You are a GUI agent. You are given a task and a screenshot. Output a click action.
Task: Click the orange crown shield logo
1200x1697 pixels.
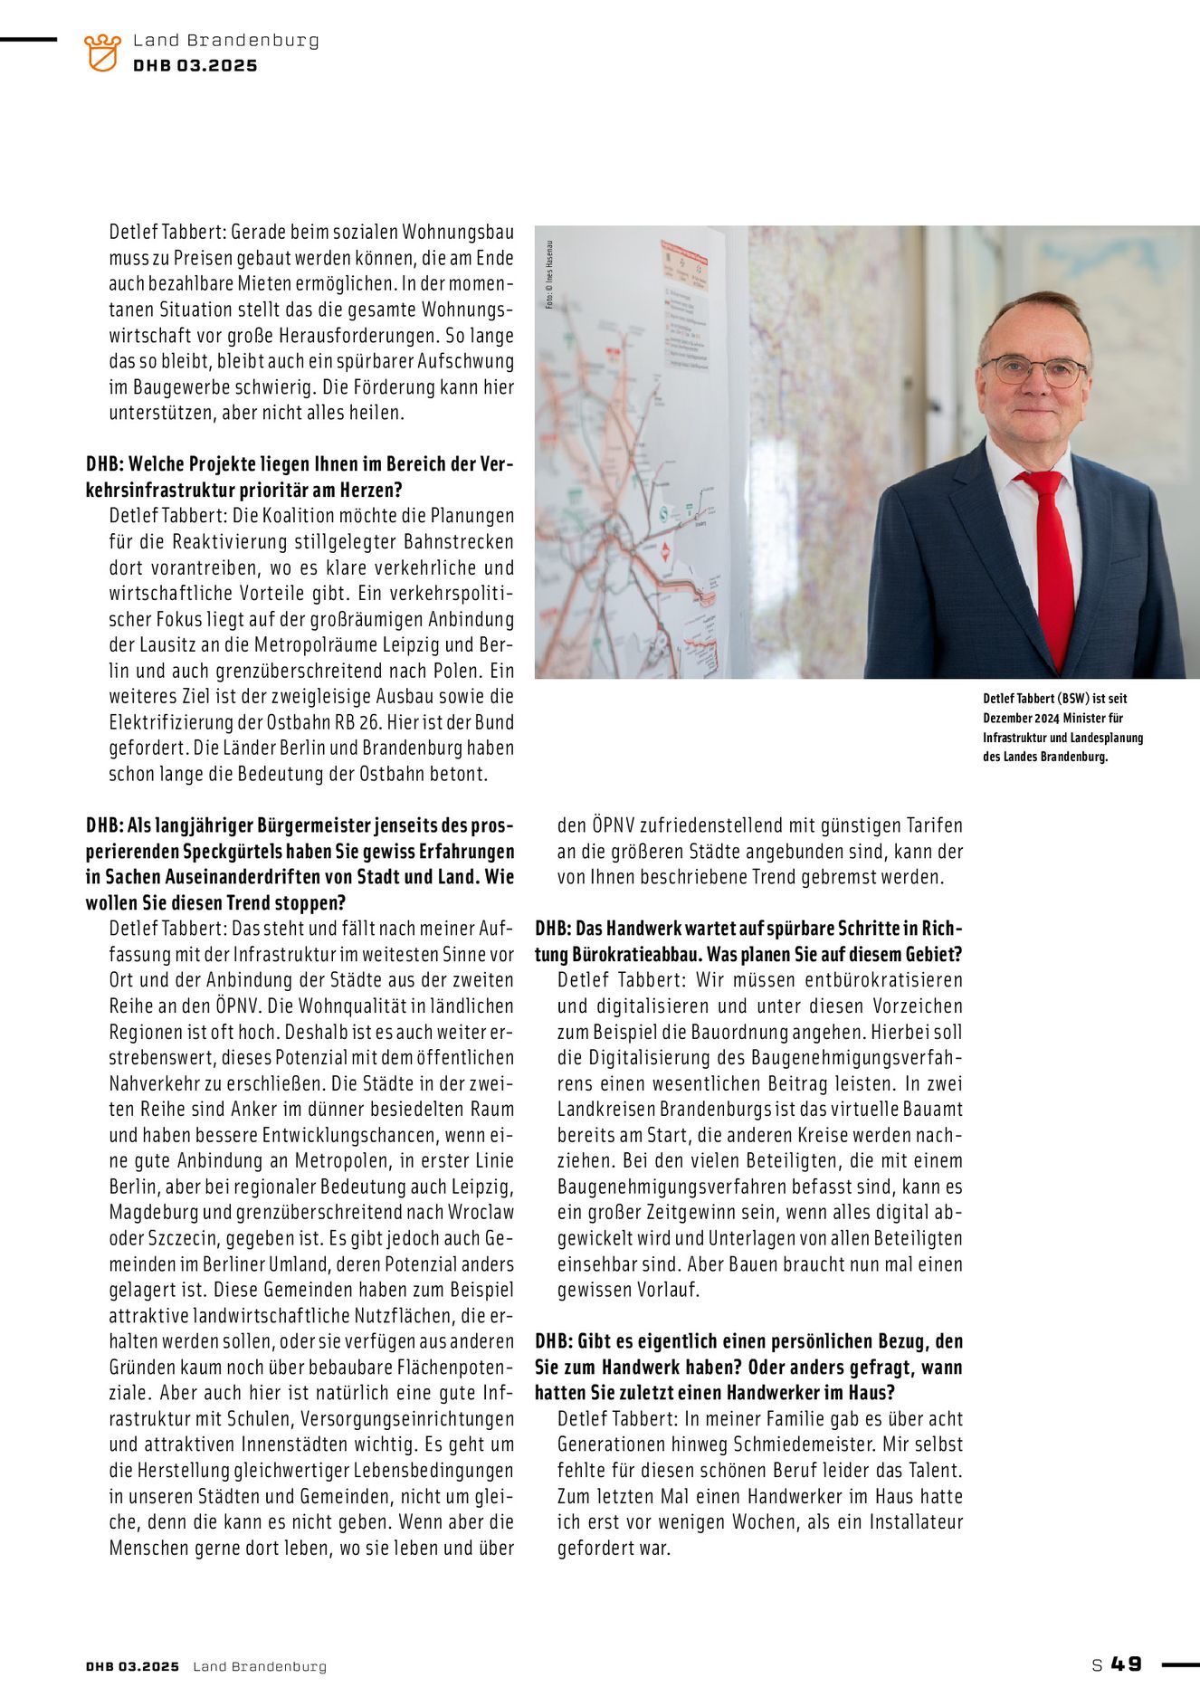pos(102,52)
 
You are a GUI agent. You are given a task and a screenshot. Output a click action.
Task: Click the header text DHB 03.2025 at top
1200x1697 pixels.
pos(195,66)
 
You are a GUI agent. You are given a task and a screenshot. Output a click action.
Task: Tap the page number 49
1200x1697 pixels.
pos(1127,1664)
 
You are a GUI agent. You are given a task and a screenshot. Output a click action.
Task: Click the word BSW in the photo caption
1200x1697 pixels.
pos(1072,699)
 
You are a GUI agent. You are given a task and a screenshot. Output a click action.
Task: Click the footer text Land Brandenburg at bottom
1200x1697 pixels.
pos(260,1666)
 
